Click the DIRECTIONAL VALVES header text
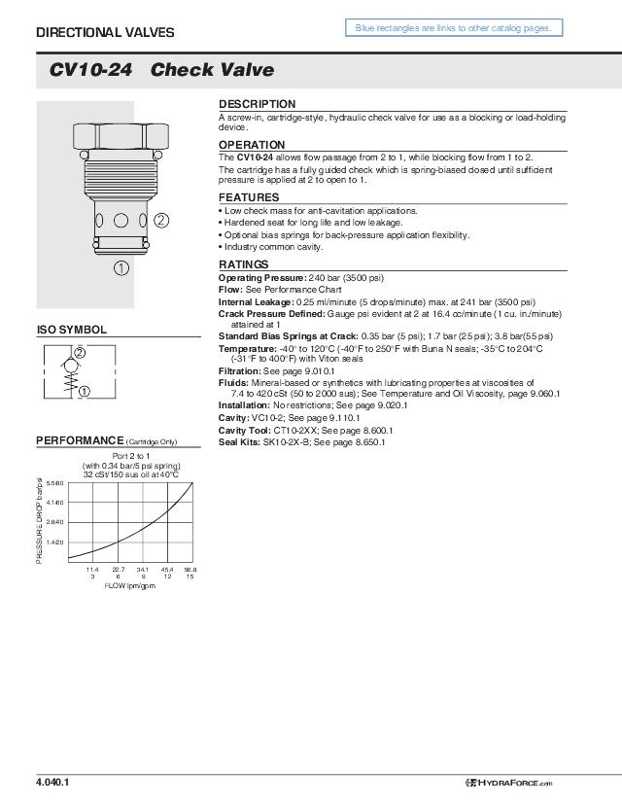[x=105, y=32]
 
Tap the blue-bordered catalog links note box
[x=453, y=28]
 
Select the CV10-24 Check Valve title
[x=161, y=70]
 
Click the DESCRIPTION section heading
[x=257, y=104]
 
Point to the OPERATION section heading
[x=252, y=145]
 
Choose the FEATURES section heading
[x=249, y=197]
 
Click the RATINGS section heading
[x=243, y=264]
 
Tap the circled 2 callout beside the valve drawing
[x=161, y=219]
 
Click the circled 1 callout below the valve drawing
[x=121, y=267]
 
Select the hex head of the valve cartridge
[x=121, y=134]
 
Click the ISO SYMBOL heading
[x=71, y=330]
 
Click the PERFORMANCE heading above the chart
[x=81, y=441]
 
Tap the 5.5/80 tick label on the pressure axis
[x=54, y=483]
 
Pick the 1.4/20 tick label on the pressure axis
[x=54, y=542]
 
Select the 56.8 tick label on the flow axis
[x=190, y=569]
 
